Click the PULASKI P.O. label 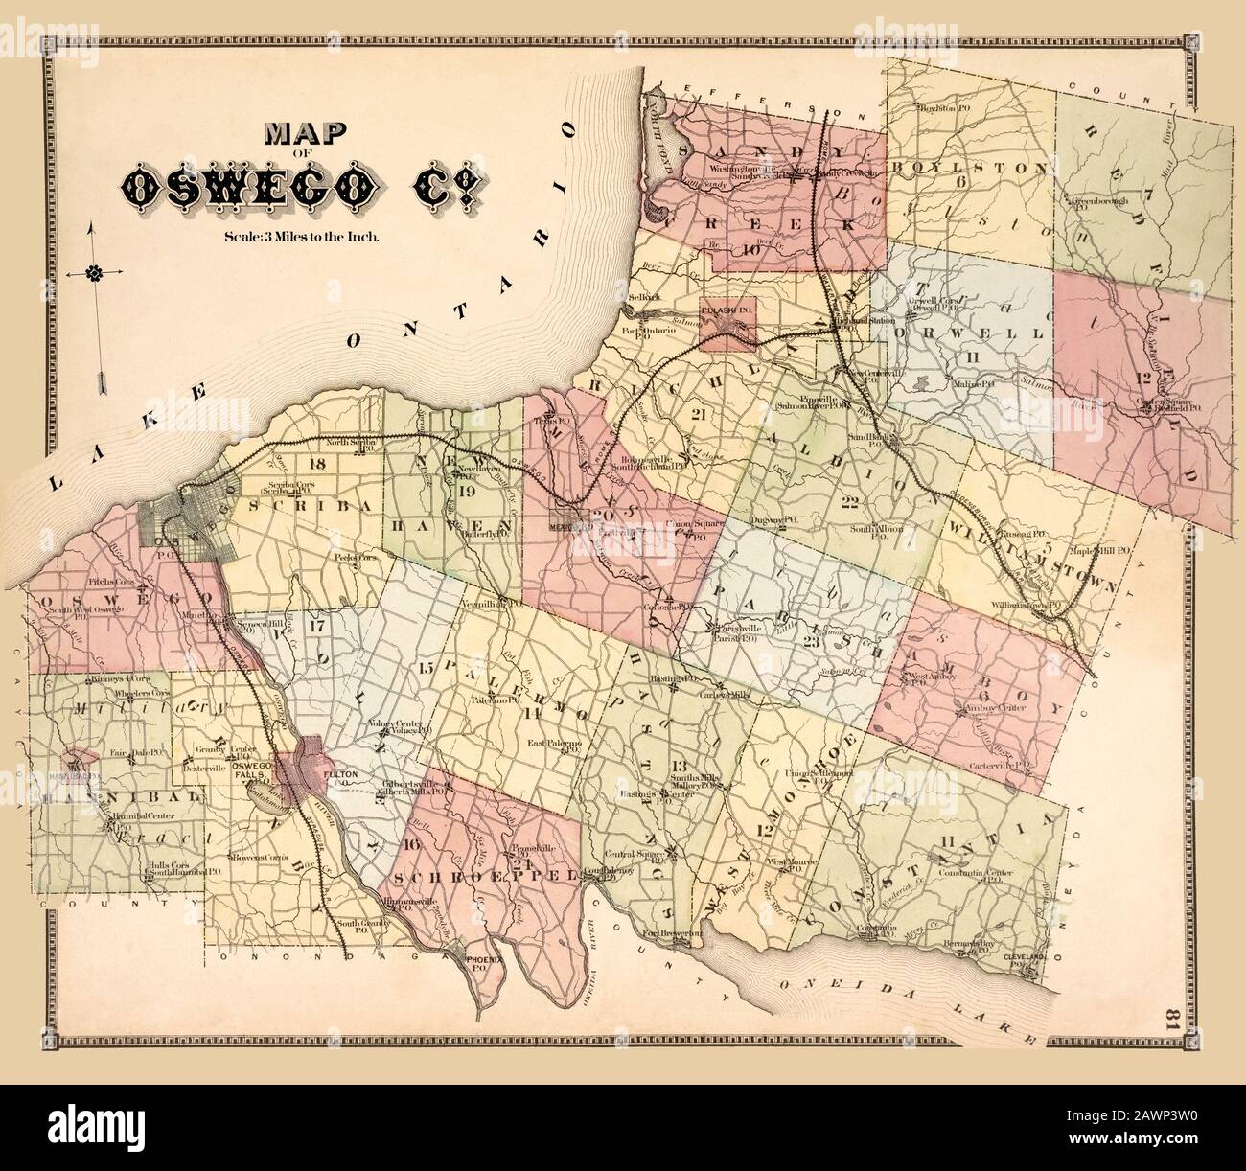coord(727,312)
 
